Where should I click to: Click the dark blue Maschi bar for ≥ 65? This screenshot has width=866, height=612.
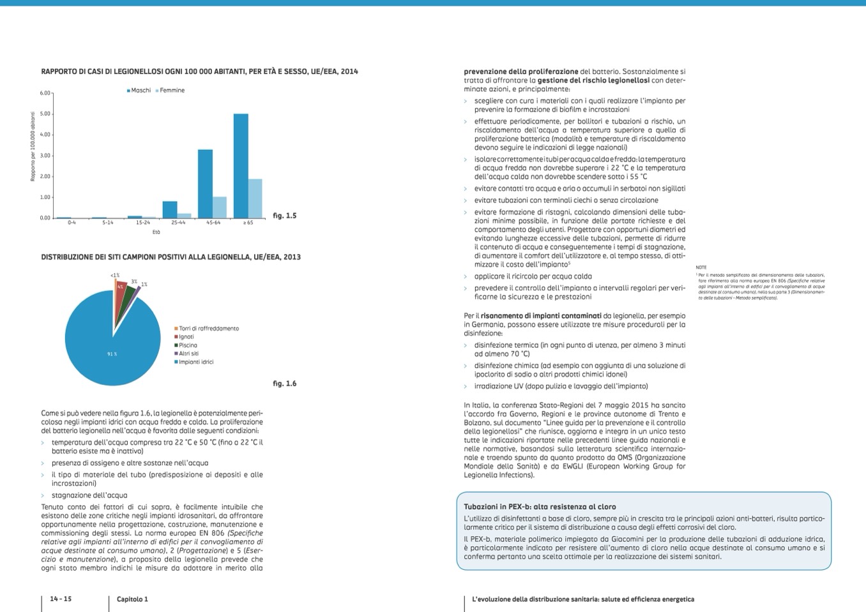coord(241,166)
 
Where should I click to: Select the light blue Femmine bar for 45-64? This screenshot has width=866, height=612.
coord(219,207)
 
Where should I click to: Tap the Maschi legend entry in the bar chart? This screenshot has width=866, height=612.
coord(139,91)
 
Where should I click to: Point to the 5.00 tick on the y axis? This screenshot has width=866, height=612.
coord(45,114)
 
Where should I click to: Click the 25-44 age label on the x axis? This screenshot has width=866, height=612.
coord(178,223)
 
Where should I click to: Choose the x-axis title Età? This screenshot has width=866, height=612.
coord(156,232)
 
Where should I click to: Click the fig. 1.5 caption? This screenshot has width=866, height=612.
coord(284,216)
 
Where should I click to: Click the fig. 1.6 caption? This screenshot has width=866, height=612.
coord(284,384)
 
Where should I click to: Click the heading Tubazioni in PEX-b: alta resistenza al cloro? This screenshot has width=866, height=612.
coord(540,507)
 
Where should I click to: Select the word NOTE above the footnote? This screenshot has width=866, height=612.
coord(701,267)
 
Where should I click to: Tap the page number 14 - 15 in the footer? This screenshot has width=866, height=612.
coord(61,599)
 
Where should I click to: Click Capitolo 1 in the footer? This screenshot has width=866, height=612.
coord(132,599)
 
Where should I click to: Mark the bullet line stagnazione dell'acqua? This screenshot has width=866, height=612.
coord(89,495)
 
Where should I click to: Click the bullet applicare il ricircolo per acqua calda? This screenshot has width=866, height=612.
coord(533,276)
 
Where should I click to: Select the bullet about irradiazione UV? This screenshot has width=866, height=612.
coord(561,386)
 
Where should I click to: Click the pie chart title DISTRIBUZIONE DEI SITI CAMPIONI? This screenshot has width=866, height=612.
coord(171,257)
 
